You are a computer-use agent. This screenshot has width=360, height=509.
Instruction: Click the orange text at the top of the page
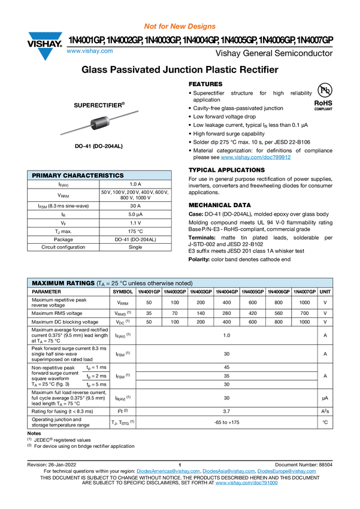(179, 26)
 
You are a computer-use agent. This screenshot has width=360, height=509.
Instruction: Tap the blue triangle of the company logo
(45, 54)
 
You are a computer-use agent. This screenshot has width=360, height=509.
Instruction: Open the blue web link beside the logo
(89, 51)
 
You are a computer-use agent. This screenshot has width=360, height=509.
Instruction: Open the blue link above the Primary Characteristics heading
(256, 157)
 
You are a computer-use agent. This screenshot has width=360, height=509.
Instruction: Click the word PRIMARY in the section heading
(46, 175)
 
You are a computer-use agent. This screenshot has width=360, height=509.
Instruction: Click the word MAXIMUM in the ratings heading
(47, 283)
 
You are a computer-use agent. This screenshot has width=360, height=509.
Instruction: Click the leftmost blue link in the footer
(167, 472)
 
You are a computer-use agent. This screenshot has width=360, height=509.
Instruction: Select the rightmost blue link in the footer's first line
(287, 472)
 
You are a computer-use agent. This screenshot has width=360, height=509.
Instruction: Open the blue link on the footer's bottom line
(247, 483)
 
